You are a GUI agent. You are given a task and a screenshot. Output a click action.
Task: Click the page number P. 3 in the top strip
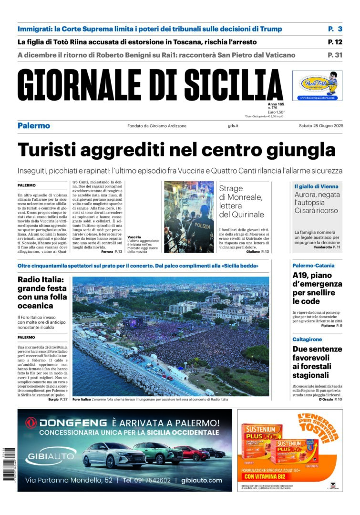(335, 29)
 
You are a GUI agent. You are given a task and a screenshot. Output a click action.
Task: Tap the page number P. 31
(335, 55)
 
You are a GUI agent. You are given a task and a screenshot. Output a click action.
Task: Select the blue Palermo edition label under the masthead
(34, 126)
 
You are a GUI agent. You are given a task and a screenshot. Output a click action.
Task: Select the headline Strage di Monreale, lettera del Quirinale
(241, 201)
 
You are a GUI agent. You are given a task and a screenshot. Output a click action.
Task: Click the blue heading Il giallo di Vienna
(316, 186)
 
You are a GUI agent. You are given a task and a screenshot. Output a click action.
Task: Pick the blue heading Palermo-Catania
(313, 266)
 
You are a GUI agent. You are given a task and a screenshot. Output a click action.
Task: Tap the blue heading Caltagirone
(310, 339)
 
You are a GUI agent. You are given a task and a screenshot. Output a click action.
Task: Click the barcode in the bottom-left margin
(7, 463)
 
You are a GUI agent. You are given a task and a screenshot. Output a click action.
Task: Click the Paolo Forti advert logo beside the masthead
(317, 86)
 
